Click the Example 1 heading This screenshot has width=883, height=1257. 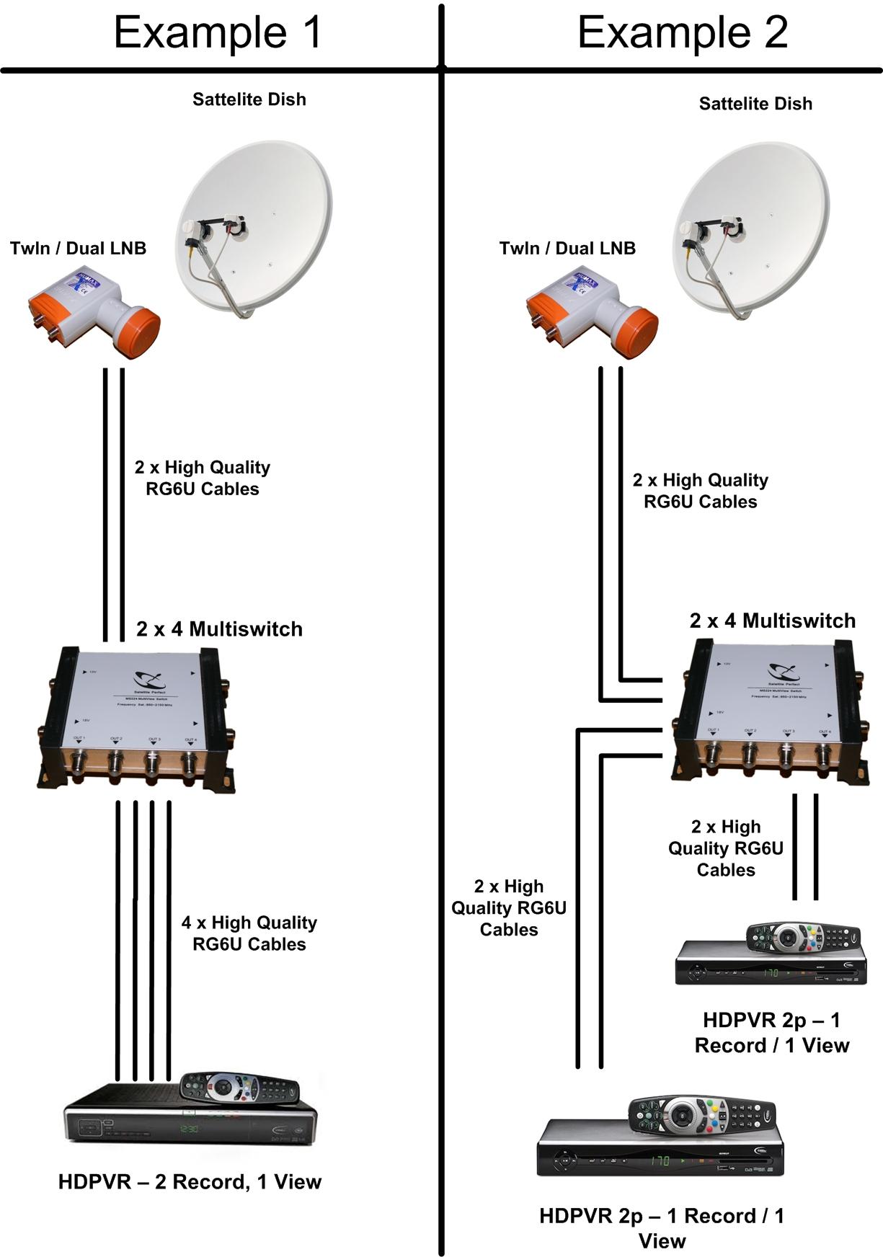[x=217, y=32]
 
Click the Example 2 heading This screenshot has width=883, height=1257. [x=682, y=32]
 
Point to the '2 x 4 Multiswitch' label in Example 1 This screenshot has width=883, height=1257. [x=219, y=629]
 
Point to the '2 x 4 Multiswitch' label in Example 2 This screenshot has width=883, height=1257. [x=772, y=621]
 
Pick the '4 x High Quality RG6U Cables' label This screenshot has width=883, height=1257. [x=249, y=933]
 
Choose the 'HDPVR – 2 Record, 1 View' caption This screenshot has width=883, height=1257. [x=190, y=1182]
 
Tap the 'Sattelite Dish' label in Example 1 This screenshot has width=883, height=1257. [x=249, y=99]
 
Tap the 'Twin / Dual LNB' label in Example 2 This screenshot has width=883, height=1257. [x=567, y=249]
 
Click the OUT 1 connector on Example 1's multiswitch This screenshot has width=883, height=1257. [x=78, y=763]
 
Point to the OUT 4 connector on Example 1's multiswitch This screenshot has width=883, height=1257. [x=189, y=763]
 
